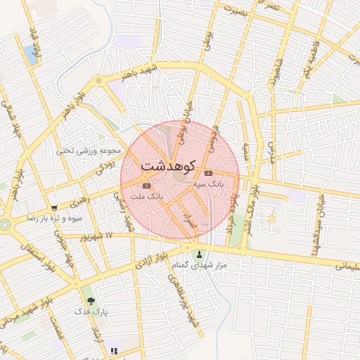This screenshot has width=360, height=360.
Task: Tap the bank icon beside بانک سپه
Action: (208, 173)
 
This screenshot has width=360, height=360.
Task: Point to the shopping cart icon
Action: (54, 208)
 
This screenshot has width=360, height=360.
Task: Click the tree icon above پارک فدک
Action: (91, 301)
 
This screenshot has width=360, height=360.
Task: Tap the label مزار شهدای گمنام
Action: (200, 265)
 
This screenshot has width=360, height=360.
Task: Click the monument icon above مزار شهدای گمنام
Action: (200, 255)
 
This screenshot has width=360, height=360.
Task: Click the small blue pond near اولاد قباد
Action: (30, 53)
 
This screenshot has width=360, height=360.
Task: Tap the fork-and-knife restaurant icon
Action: (115, 349)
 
